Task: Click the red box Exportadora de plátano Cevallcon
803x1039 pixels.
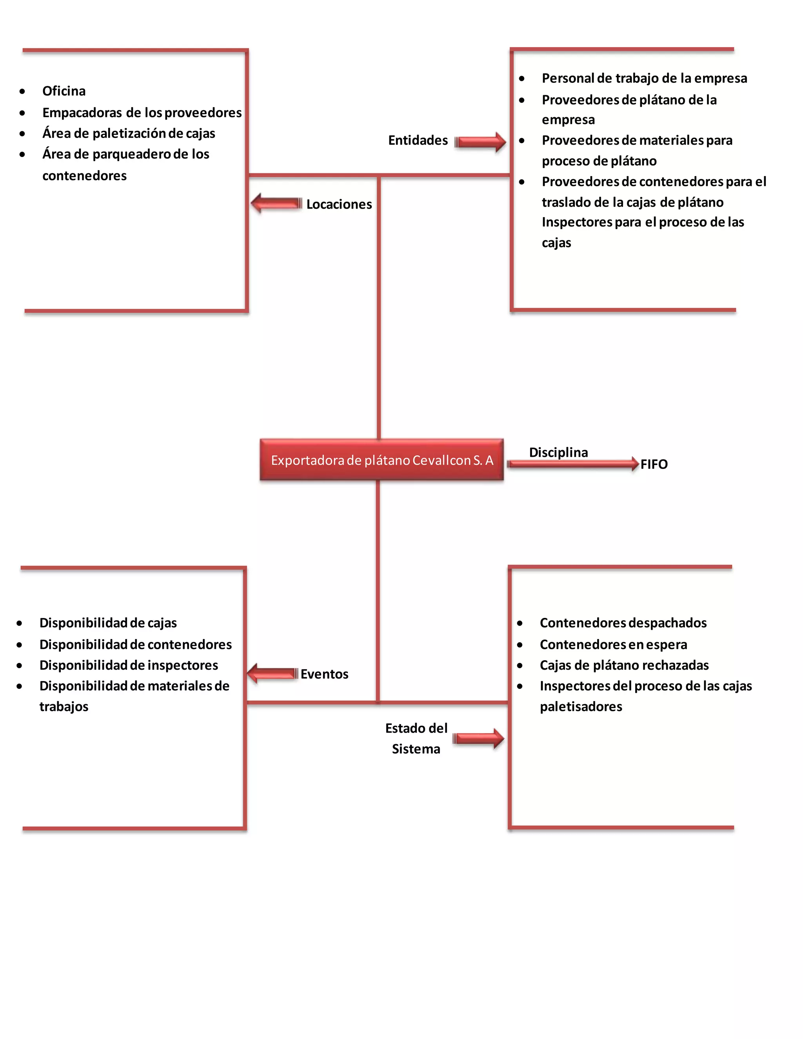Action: click(x=382, y=460)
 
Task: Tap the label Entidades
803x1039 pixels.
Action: click(x=418, y=140)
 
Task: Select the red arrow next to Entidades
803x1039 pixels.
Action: click(x=480, y=142)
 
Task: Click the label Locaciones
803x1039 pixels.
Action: click(x=339, y=204)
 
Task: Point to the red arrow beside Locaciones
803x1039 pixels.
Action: click(x=276, y=203)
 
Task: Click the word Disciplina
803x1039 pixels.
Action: click(x=558, y=452)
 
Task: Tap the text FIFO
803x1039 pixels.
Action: click(x=654, y=464)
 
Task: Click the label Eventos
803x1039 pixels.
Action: click(x=324, y=674)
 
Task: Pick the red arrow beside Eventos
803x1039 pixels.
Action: click(x=272, y=673)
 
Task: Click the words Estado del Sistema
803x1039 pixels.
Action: click(x=416, y=738)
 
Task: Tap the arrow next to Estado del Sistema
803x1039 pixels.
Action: click(x=478, y=738)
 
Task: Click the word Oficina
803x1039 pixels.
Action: click(x=64, y=91)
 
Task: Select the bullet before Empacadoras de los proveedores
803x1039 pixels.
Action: click(x=22, y=113)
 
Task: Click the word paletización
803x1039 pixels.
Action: click(x=129, y=133)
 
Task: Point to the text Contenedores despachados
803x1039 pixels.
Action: click(x=623, y=623)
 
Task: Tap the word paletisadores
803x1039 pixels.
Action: click(x=580, y=707)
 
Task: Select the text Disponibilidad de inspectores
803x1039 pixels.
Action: click(x=129, y=665)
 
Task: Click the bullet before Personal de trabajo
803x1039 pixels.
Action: click(x=522, y=78)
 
